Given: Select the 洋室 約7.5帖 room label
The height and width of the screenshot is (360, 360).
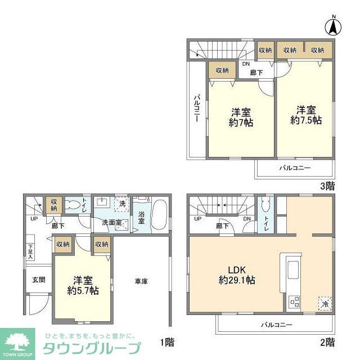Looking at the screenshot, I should [305, 115].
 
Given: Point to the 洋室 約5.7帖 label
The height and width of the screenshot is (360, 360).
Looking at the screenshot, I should [83, 286].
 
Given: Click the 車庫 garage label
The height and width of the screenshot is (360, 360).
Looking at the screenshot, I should [141, 281].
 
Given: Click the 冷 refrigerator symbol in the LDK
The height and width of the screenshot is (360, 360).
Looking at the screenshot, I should [325, 303].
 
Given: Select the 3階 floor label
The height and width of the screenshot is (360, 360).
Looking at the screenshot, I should [328, 185].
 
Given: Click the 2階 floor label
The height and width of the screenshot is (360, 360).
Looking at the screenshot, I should [328, 342].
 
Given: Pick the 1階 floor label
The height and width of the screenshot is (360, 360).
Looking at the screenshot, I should [166, 342].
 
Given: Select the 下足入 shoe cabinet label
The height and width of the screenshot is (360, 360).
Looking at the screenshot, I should [30, 251].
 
